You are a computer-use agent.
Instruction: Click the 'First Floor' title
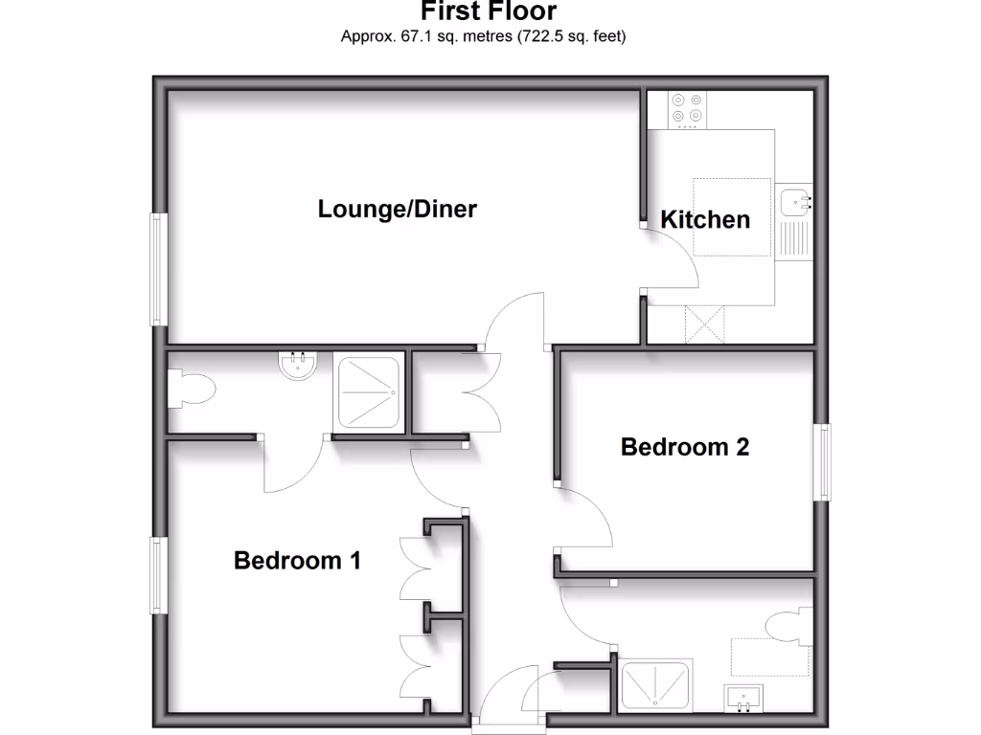[489, 11]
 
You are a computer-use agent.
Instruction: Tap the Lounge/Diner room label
[397, 209]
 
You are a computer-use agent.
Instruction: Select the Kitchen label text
[705, 220]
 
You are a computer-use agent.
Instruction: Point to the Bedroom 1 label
[297, 561]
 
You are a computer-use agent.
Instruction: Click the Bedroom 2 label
[684, 447]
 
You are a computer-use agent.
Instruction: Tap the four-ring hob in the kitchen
[686, 109]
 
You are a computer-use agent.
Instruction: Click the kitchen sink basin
[795, 201]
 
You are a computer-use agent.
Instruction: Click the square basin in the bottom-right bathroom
[743, 698]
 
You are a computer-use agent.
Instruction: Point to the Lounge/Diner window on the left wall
[158, 270]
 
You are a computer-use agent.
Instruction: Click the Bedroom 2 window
[823, 461]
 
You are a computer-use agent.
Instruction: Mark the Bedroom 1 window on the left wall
[158, 574]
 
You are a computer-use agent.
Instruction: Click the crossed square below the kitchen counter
[705, 323]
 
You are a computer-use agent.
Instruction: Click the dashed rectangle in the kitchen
[732, 217]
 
